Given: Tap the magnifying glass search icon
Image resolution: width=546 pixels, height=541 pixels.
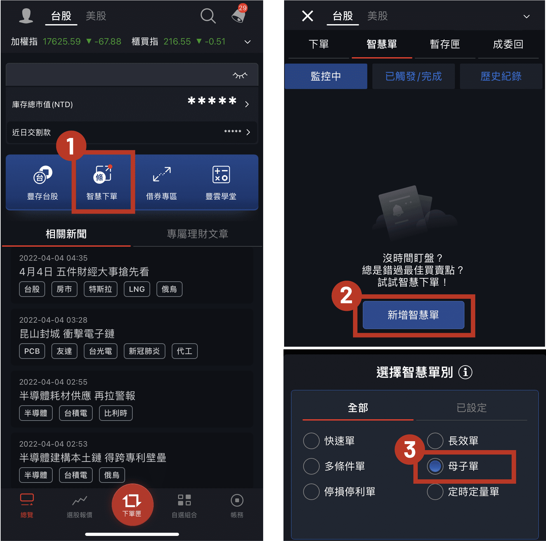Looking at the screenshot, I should tap(208, 16).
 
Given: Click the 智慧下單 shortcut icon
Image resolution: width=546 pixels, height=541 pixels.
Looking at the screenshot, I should tap(102, 175).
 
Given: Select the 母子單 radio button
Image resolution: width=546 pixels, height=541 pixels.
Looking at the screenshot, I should tap(435, 466).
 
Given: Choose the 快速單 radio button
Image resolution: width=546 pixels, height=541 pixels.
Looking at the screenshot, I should tap(311, 441).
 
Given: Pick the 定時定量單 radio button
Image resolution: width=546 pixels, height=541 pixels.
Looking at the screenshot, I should tap(435, 492).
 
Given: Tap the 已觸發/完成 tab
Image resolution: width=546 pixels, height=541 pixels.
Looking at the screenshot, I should tap(413, 76).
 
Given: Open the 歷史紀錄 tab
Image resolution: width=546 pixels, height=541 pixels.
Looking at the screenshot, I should tap(501, 76).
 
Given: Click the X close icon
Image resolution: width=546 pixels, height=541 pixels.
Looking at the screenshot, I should tap(307, 16).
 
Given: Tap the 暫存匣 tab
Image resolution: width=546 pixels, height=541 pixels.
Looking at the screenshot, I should tap(445, 44).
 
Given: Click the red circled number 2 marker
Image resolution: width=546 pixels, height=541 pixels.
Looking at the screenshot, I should tap(347, 296).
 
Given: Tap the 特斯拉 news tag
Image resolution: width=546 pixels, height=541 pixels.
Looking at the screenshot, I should tap(100, 289).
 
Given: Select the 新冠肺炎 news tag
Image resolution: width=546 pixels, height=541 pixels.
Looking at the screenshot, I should tap(144, 351).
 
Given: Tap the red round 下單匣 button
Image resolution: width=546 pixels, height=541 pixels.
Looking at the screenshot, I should tap(132, 504).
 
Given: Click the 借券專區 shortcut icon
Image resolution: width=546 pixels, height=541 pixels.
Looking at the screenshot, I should tap(162, 175).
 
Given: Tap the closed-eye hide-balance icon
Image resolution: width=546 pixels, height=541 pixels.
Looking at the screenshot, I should tap(240, 75).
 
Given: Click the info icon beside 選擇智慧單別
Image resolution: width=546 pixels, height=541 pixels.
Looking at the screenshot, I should tap(465, 372).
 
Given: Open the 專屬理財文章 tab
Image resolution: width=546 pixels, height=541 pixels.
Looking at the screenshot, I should tap(197, 234).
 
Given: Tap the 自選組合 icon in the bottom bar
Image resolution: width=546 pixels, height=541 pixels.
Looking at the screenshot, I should tap(184, 501).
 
